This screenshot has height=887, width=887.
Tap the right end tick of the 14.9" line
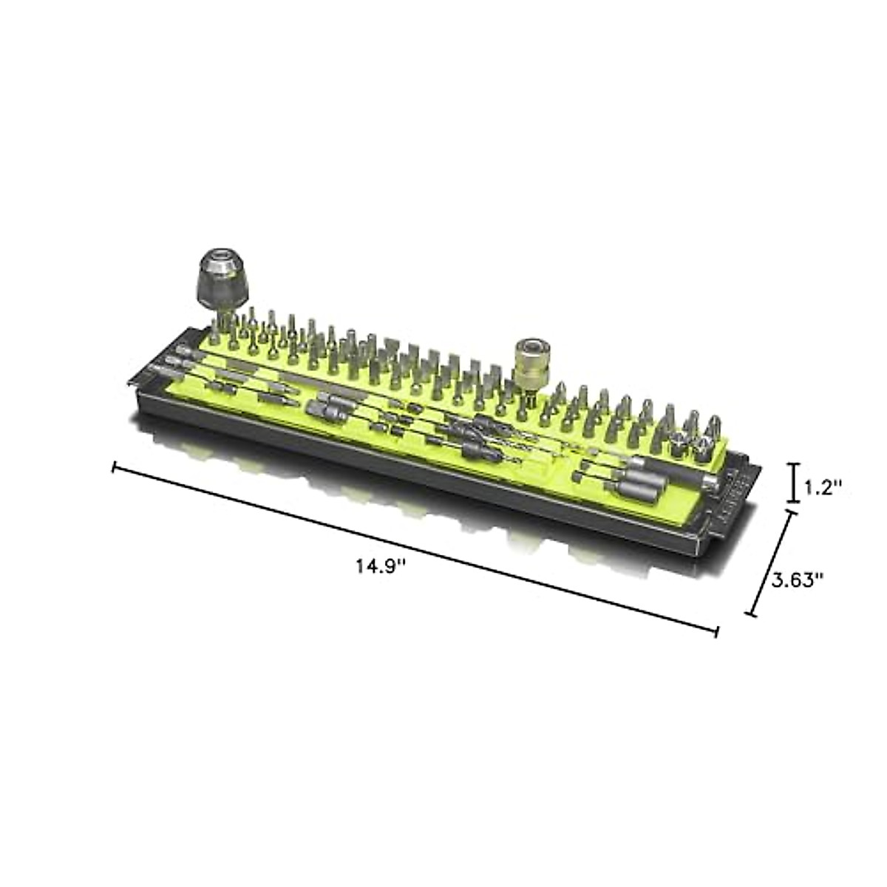point(716,632)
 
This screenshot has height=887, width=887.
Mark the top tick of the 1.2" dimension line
point(794,465)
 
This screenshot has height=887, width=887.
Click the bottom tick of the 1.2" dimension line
point(794,501)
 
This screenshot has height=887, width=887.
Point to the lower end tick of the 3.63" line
point(751,614)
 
